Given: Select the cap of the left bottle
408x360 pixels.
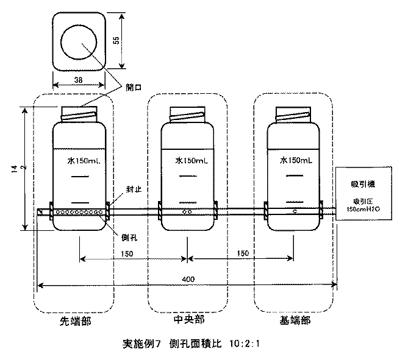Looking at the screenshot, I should (79, 113).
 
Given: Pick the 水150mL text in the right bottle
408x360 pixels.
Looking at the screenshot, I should (296, 161).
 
